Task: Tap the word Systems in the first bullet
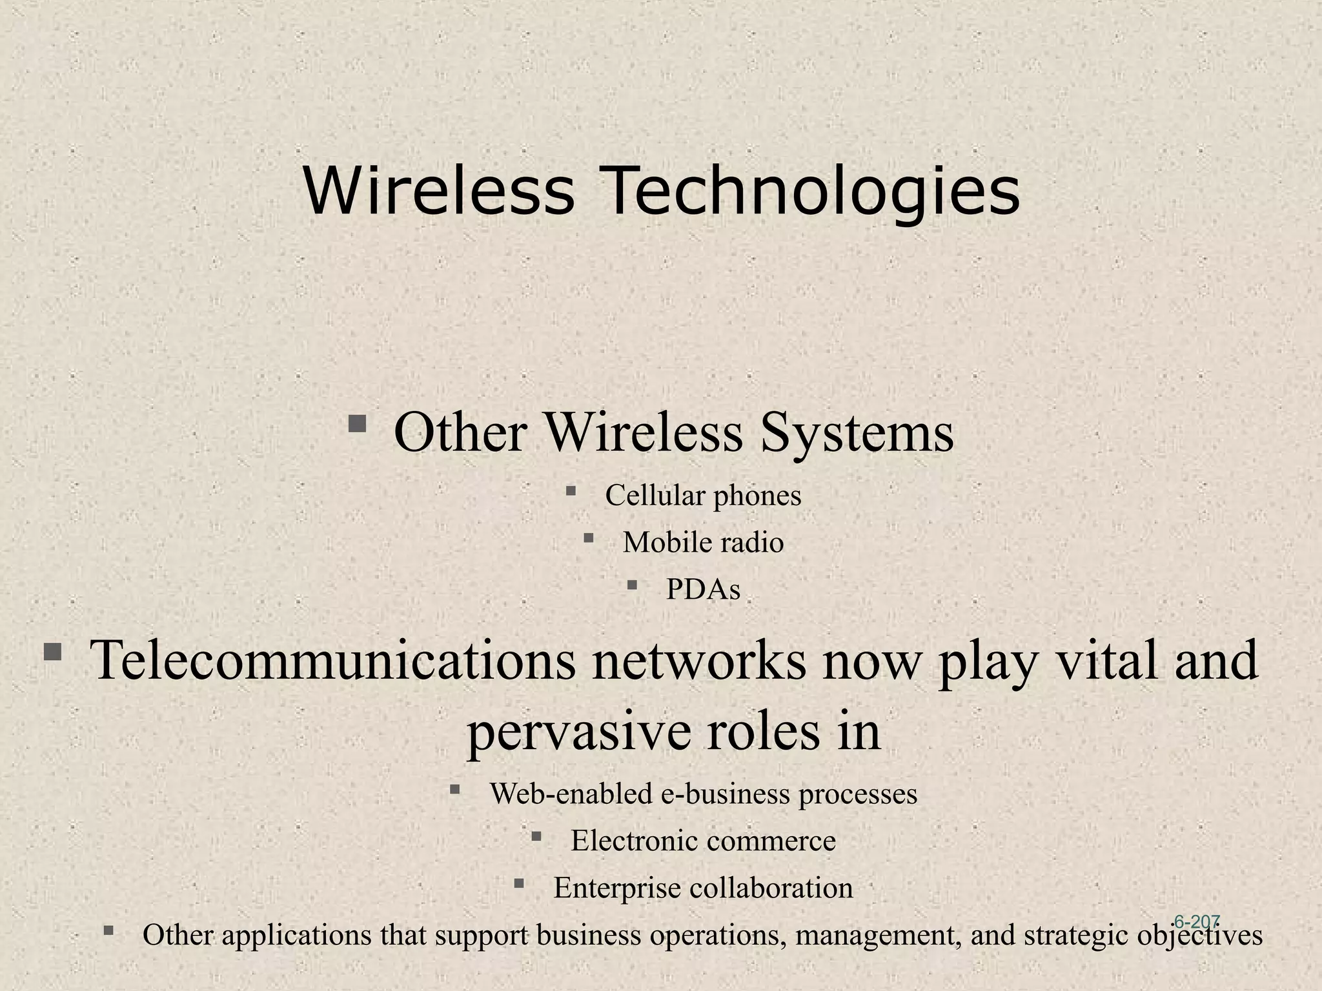click(857, 433)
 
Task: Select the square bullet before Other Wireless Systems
click(357, 425)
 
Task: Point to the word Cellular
click(655, 496)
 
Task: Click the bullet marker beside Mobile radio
click(588, 537)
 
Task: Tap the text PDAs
click(703, 589)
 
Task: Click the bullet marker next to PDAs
click(632, 585)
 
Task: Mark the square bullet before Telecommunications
click(52, 653)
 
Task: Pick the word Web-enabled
click(571, 794)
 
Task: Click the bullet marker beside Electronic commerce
click(536, 837)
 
